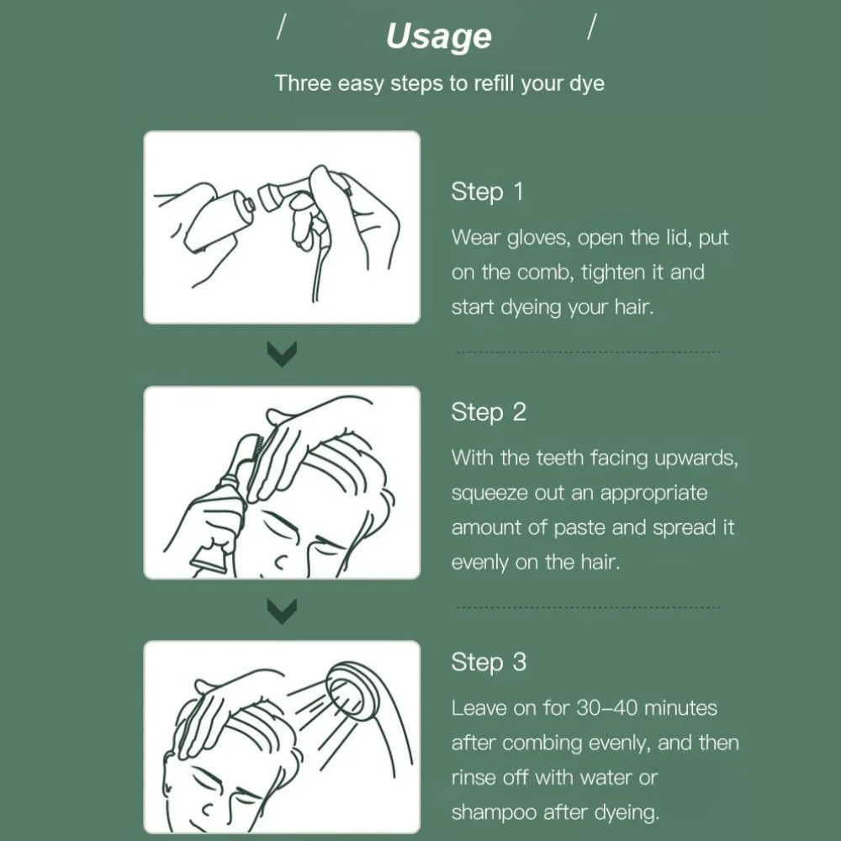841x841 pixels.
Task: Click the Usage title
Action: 439,36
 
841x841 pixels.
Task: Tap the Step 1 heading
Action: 487,192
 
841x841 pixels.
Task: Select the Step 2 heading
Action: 489,412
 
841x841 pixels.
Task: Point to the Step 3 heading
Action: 489,662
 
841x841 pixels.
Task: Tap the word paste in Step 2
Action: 579,528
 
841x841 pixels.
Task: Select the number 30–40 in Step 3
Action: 606,708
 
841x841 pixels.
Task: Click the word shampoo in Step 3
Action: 494,812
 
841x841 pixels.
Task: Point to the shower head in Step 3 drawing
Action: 352,692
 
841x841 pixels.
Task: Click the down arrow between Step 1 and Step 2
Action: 282,354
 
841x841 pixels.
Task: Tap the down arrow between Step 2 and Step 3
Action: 282,611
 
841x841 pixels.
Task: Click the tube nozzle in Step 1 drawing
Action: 248,205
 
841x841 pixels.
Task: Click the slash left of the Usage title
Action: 281,26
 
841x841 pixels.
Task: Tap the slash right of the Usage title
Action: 592,26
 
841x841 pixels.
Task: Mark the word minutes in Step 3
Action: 680,708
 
